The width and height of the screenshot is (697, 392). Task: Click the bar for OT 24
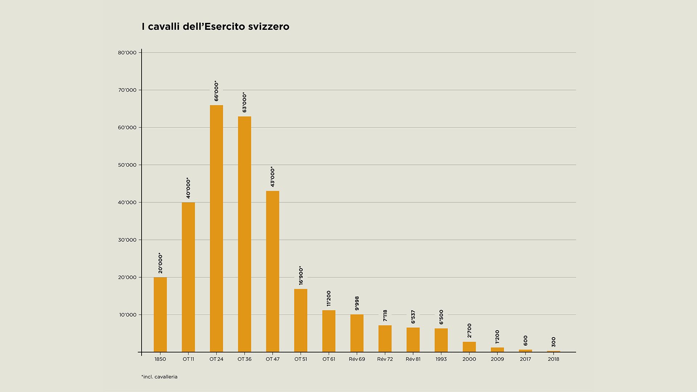[x=216, y=229]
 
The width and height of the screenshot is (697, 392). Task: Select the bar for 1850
[x=160, y=315]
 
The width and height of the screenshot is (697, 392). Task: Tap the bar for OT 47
[x=273, y=271]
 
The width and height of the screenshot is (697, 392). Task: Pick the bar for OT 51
[x=301, y=320]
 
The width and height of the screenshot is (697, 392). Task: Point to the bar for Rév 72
[x=385, y=339]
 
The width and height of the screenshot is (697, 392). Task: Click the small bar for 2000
[x=469, y=347]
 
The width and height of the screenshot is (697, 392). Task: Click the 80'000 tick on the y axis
[x=127, y=53]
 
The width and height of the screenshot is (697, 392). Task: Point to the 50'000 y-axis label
[x=127, y=165]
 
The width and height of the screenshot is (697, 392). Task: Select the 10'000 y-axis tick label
[x=128, y=315]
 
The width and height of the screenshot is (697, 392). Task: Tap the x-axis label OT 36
[x=244, y=359]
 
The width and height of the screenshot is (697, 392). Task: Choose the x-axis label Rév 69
[x=357, y=359]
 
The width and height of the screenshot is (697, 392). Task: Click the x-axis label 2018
[x=553, y=359]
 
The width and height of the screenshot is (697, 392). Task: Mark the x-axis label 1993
[x=441, y=359]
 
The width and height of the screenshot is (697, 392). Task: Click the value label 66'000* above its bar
[x=216, y=91]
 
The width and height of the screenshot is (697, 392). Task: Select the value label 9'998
[x=357, y=303]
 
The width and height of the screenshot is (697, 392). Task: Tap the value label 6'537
[x=413, y=317]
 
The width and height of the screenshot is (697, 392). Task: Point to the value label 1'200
[x=497, y=336]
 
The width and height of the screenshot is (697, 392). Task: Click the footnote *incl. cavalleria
[x=159, y=377]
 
